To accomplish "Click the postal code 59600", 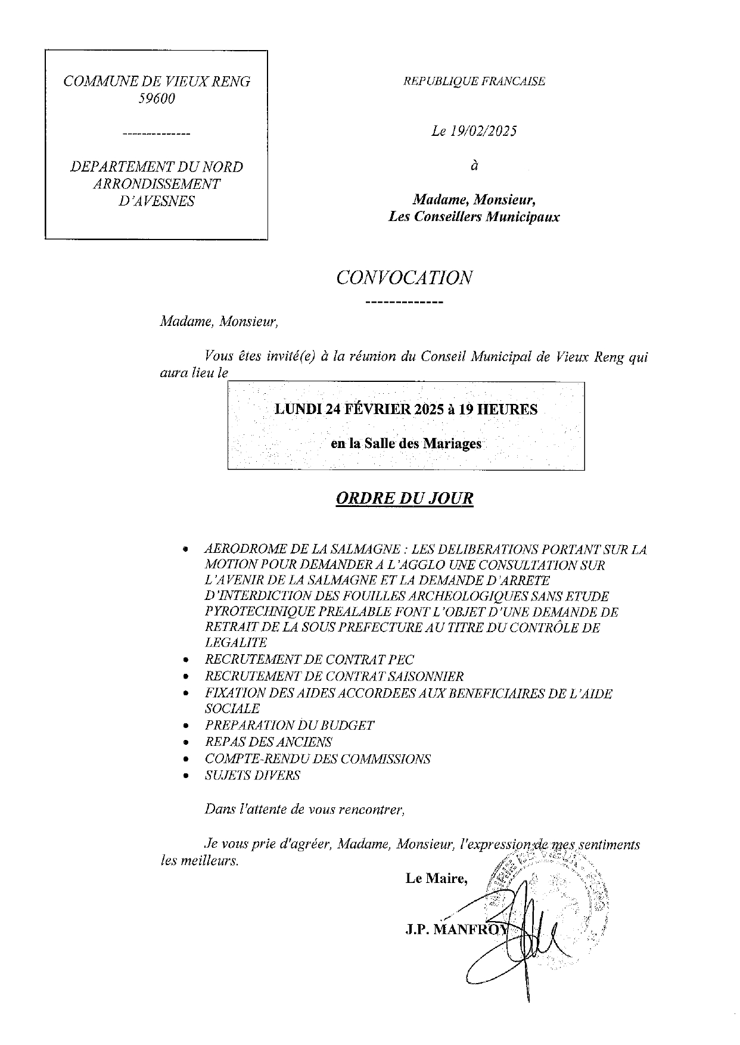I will (x=157, y=99).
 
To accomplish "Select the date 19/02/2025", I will (x=481, y=132).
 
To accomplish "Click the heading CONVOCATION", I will (x=404, y=277).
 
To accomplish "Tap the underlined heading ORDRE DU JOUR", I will (x=405, y=498).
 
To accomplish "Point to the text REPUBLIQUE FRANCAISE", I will (x=474, y=82).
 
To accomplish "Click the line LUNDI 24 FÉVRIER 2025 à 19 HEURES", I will (x=405, y=409).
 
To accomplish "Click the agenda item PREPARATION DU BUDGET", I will (x=289, y=725).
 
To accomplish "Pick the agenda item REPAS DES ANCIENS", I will (x=268, y=742).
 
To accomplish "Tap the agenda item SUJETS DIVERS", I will (x=252, y=775).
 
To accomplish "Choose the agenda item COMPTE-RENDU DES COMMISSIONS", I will (x=317, y=758).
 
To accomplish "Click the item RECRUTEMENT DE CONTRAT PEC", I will (x=309, y=660).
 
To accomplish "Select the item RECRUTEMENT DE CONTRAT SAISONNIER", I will (x=334, y=676).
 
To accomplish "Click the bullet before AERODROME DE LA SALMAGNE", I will (x=186, y=549).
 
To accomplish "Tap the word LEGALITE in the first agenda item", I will (x=236, y=642).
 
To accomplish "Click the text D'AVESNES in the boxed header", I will (x=157, y=201).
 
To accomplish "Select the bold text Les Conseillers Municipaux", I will (x=474, y=217).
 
